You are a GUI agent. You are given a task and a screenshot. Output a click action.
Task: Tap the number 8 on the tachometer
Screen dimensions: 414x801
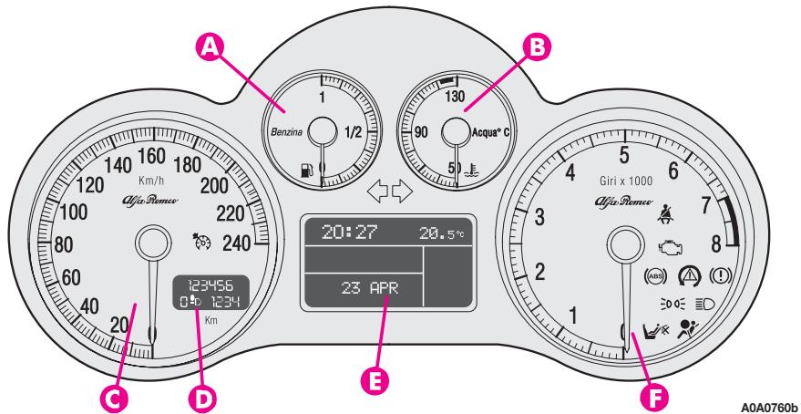coord(716,243)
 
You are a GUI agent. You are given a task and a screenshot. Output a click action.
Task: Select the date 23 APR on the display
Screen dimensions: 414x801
coord(364,290)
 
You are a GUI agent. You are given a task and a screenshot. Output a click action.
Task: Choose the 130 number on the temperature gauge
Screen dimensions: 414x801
coord(456,97)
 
